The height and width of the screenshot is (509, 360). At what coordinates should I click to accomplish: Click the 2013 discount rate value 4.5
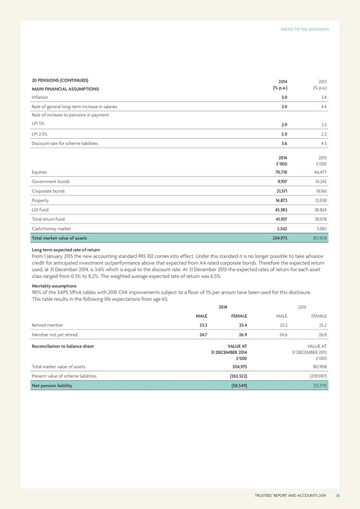pyautogui.click(x=323, y=144)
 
